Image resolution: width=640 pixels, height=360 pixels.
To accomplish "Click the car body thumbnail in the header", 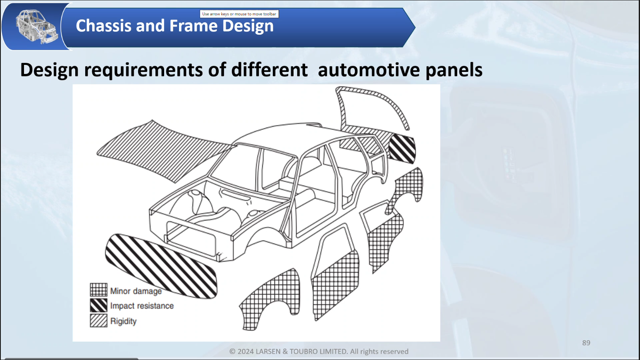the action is coord(36,26).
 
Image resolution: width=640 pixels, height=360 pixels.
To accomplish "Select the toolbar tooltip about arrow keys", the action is coord(239,14).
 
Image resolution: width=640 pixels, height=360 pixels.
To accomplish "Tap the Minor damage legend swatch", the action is coord(98,289).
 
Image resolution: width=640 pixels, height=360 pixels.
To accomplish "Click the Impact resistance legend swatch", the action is coord(98,305).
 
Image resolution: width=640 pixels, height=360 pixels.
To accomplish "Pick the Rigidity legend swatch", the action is coord(98,321).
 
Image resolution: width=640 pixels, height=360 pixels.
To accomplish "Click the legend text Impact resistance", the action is coord(142,306).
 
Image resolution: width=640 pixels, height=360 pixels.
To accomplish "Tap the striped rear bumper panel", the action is coord(402,148).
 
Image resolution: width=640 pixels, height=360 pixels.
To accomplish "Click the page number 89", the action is coord(586,343).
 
